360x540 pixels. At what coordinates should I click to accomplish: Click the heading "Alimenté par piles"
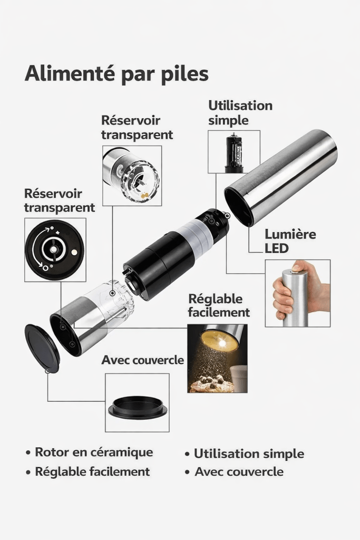116,74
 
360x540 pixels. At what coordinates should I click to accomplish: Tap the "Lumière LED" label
290,241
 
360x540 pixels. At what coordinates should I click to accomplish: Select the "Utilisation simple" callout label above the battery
240,113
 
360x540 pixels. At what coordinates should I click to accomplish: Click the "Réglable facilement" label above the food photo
219,305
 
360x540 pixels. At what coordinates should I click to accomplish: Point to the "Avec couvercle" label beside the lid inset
142,360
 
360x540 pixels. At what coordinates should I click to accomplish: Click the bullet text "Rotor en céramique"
94,452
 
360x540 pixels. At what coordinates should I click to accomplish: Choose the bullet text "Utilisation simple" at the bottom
249,454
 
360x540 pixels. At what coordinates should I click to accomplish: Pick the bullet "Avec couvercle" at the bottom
239,472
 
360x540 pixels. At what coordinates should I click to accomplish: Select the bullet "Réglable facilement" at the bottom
92,472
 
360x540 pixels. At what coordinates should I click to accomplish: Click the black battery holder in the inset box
234,153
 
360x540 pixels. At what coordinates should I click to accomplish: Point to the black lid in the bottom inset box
138,408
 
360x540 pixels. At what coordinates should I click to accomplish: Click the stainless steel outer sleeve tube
280,177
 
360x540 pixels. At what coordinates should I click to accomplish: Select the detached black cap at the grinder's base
42,348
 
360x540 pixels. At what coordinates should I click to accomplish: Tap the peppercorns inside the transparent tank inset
144,195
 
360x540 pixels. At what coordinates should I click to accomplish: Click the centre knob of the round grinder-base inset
53,249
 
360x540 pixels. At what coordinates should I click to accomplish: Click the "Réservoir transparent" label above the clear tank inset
137,128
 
